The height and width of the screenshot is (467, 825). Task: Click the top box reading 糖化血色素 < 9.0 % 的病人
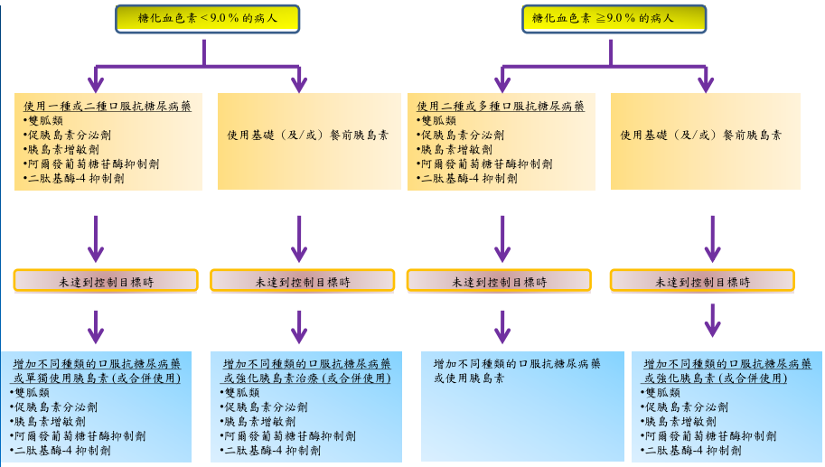(x=207, y=19)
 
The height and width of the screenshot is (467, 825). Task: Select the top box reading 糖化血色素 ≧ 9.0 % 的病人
(x=614, y=19)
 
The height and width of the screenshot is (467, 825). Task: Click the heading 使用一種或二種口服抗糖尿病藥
(x=108, y=106)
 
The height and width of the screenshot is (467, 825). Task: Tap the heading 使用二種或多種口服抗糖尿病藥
(x=501, y=106)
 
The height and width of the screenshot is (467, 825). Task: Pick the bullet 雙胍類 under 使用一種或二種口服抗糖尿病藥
(x=46, y=120)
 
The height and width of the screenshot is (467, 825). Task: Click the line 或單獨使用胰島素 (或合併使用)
(x=96, y=378)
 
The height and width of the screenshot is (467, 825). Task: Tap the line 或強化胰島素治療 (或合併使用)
(x=305, y=378)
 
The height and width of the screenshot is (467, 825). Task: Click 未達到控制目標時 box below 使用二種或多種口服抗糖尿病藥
(x=499, y=281)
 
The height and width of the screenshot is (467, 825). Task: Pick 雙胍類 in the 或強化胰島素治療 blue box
(x=240, y=393)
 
